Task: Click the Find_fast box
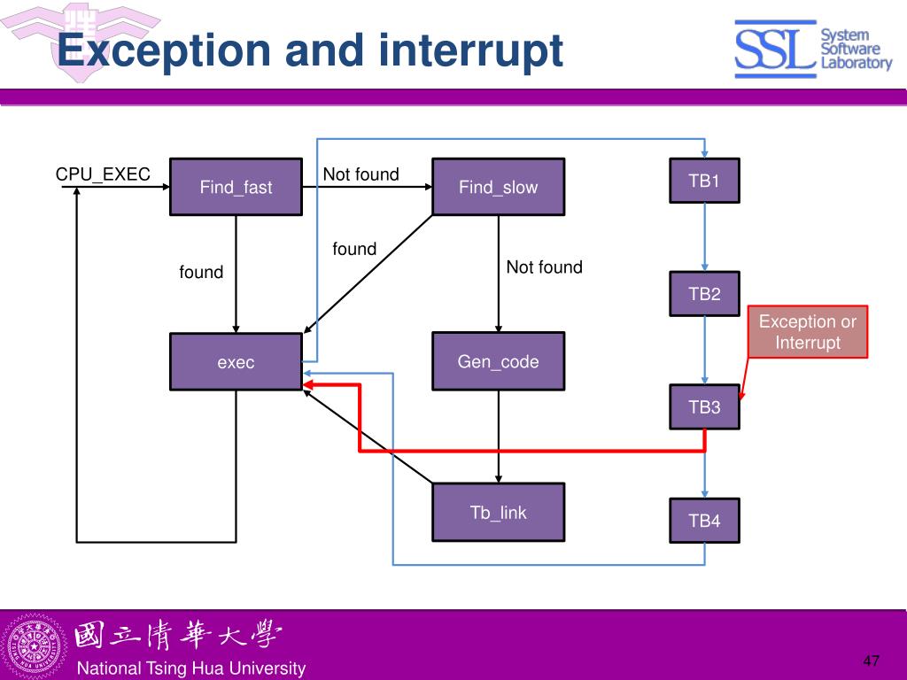236,187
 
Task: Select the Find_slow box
498,187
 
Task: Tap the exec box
236,362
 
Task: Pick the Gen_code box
498,361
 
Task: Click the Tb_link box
498,513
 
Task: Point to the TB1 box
704,181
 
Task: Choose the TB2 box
704,294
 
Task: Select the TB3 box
704,407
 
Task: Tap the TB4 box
704,521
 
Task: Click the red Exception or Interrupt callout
808,332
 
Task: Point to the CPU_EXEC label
103,174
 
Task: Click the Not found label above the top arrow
361,174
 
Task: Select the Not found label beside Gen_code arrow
545,267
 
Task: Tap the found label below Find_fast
201,272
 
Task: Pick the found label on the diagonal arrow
354,249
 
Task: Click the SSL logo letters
775,50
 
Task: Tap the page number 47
872,661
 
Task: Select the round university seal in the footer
35,645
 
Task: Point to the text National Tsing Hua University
191,668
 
